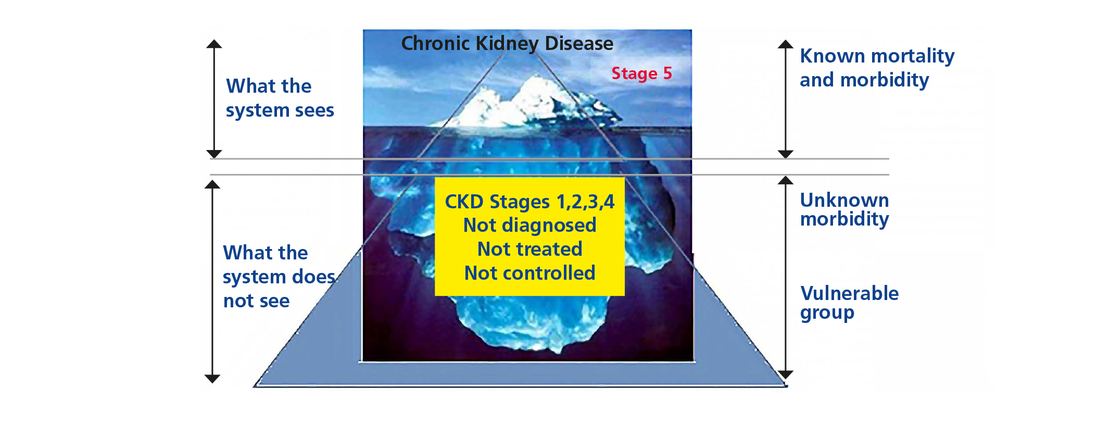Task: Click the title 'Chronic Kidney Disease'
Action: click(x=507, y=44)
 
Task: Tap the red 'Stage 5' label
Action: click(x=641, y=73)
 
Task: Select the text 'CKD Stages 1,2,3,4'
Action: click(x=529, y=202)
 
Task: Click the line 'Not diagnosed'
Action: click(x=529, y=226)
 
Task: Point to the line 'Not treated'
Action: click(x=529, y=249)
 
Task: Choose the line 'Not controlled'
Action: click(x=529, y=273)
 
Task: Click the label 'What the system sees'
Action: click(x=280, y=98)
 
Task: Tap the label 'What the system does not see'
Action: click(x=279, y=277)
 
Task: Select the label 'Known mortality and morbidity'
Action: click(x=877, y=68)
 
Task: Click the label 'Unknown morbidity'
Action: click(x=844, y=209)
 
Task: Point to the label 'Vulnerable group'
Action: click(x=849, y=303)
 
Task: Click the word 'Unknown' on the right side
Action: click(x=844, y=200)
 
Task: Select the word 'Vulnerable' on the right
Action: click(x=849, y=293)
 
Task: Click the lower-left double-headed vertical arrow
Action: click(x=212, y=282)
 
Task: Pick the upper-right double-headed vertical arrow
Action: click(x=786, y=99)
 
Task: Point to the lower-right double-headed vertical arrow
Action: click(x=786, y=278)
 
